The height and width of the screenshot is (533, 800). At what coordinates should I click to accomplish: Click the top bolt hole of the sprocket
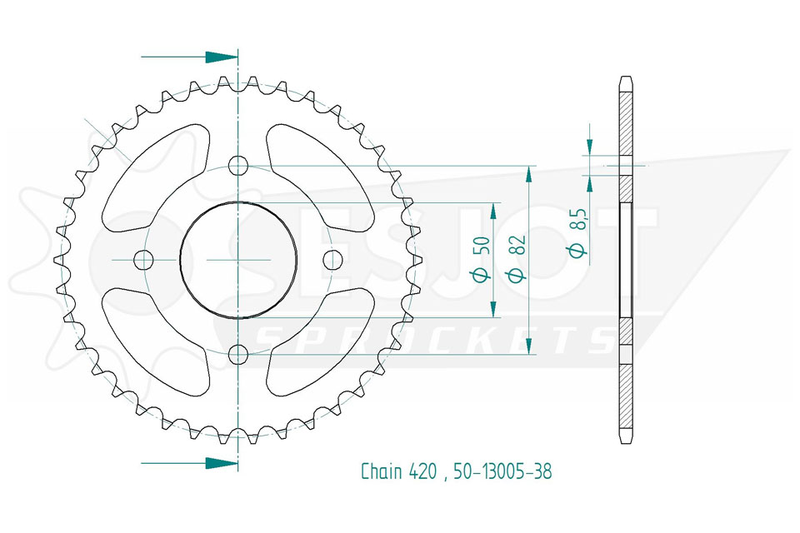(238, 166)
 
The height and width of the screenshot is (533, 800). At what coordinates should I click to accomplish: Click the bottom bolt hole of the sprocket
(238, 353)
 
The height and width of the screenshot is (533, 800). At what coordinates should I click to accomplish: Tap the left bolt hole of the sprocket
(143, 260)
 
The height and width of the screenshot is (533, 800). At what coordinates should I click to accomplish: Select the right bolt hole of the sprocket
(332, 260)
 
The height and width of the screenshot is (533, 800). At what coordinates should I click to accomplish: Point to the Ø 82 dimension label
(517, 259)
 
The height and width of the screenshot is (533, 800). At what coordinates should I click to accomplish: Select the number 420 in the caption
(422, 472)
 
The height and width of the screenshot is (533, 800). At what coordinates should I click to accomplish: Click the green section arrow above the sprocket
(190, 57)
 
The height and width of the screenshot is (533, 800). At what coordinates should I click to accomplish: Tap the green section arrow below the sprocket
(190, 462)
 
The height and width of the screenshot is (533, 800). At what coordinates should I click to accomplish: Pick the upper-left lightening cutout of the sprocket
(156, 177)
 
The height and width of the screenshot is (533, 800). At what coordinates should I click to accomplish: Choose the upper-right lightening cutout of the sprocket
(320, 177)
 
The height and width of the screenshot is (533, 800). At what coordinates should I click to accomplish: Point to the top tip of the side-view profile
(626, 77)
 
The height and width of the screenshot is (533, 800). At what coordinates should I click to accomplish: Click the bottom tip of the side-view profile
(626, 443)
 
